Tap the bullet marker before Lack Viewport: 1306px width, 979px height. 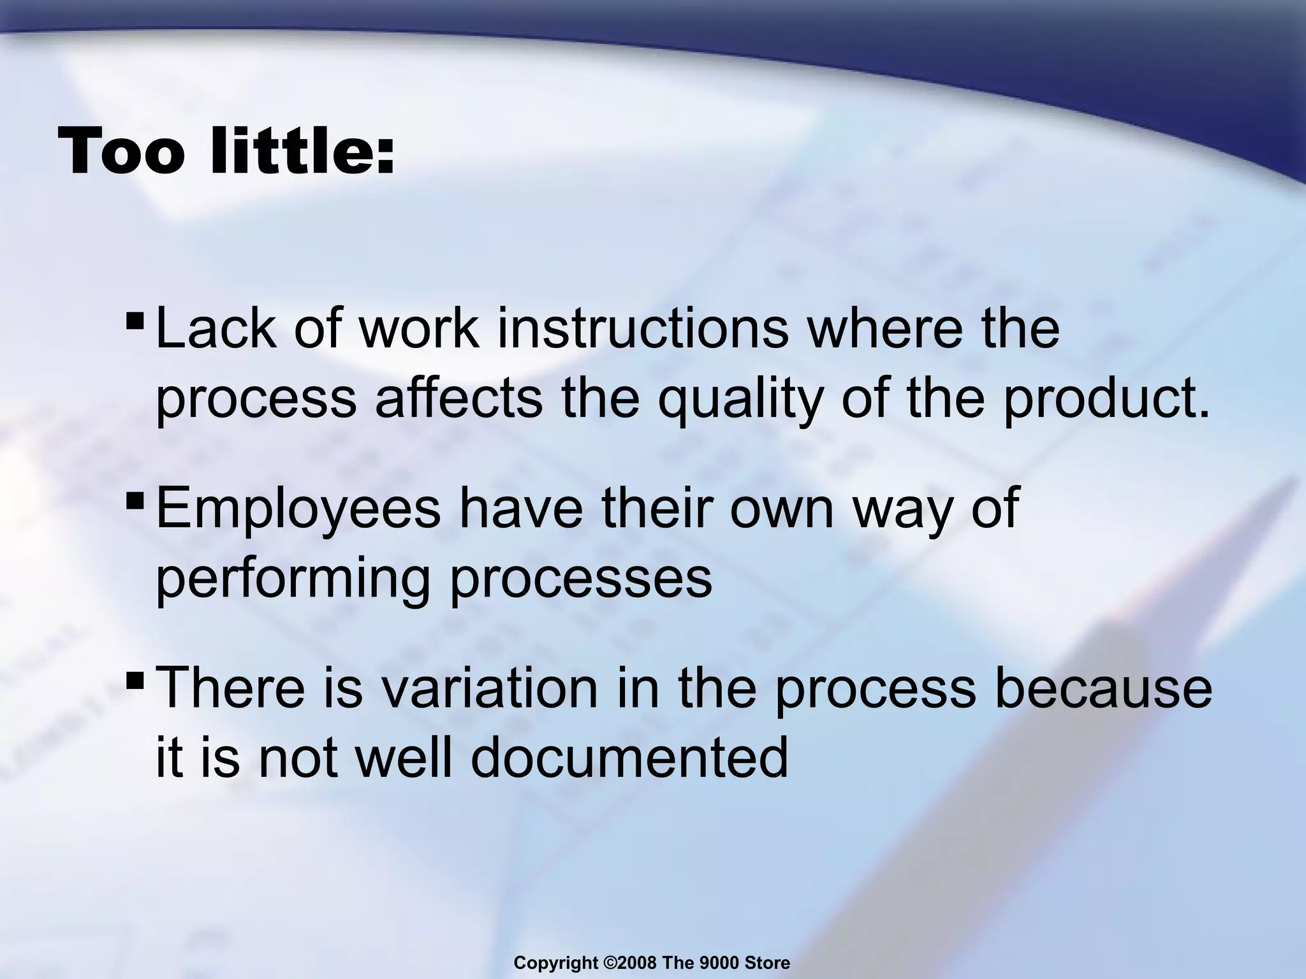point(135,317)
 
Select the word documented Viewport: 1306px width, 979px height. point(629,758)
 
